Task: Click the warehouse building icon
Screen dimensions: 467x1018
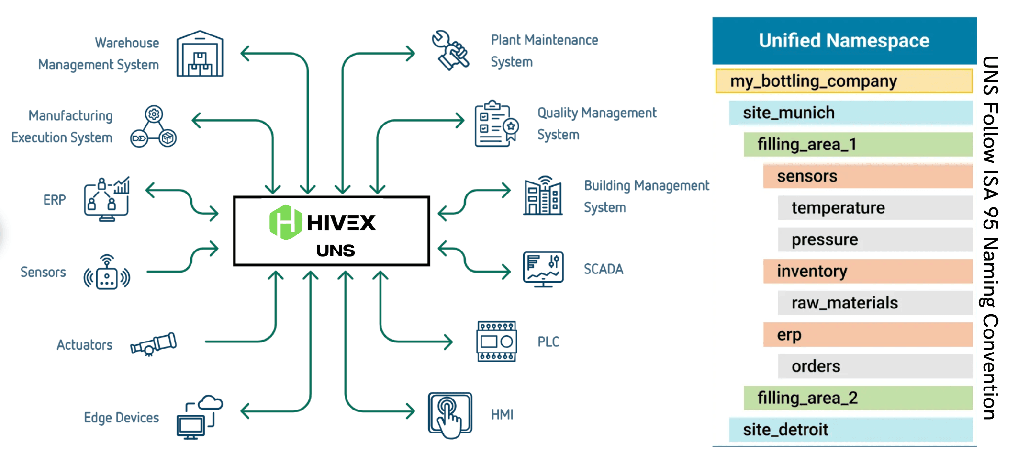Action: [200, 54]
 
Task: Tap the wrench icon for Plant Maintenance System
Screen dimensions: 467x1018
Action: [450, 51]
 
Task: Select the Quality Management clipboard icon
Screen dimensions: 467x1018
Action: [496, 124]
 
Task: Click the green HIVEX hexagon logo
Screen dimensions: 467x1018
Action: [285, 222]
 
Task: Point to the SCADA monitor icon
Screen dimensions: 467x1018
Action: [543, 269]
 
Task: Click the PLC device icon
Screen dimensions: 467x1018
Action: [496, 342]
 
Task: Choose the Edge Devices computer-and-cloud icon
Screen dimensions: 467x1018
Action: [200, 417]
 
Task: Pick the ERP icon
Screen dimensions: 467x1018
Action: [107, 199]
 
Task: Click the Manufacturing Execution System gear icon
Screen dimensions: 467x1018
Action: [153, 126]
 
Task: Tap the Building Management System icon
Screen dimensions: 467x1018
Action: [543, 196]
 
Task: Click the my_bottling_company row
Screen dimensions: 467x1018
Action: [843, 81]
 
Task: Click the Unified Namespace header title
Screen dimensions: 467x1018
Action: [844, 41]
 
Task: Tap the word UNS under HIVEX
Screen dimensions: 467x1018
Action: [336, 251]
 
